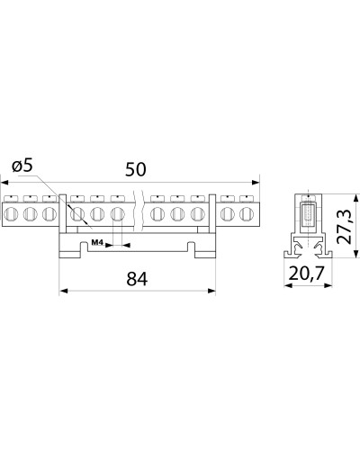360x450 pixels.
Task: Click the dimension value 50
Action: [136, 169]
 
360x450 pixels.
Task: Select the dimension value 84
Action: [137, 279]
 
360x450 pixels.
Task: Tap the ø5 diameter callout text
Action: [22, 166]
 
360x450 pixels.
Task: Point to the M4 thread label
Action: [97, 242]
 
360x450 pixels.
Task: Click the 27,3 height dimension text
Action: [344, 226]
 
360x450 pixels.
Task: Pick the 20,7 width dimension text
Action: [307, 274]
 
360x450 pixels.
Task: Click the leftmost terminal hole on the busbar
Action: [12, 214]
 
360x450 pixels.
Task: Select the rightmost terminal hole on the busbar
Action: [247, 214]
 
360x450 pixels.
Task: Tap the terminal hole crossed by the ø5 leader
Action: [77, 214]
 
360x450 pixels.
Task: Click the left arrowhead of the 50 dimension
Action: [4, 182]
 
